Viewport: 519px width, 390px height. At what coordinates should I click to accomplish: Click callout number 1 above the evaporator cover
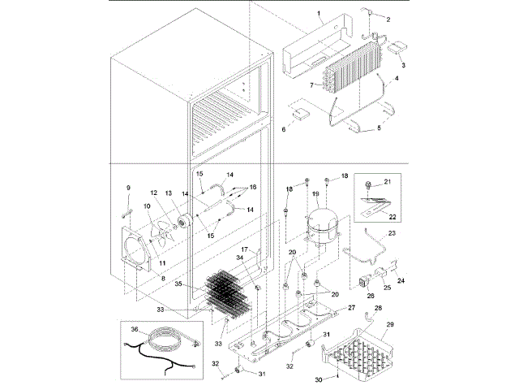[x=320, y=15]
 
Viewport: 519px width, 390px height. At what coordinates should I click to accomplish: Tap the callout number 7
[x=311, y=84]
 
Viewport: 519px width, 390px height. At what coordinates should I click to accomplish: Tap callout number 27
[x=351, y=308]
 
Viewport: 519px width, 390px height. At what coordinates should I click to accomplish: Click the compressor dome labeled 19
[x=320, y=219]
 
